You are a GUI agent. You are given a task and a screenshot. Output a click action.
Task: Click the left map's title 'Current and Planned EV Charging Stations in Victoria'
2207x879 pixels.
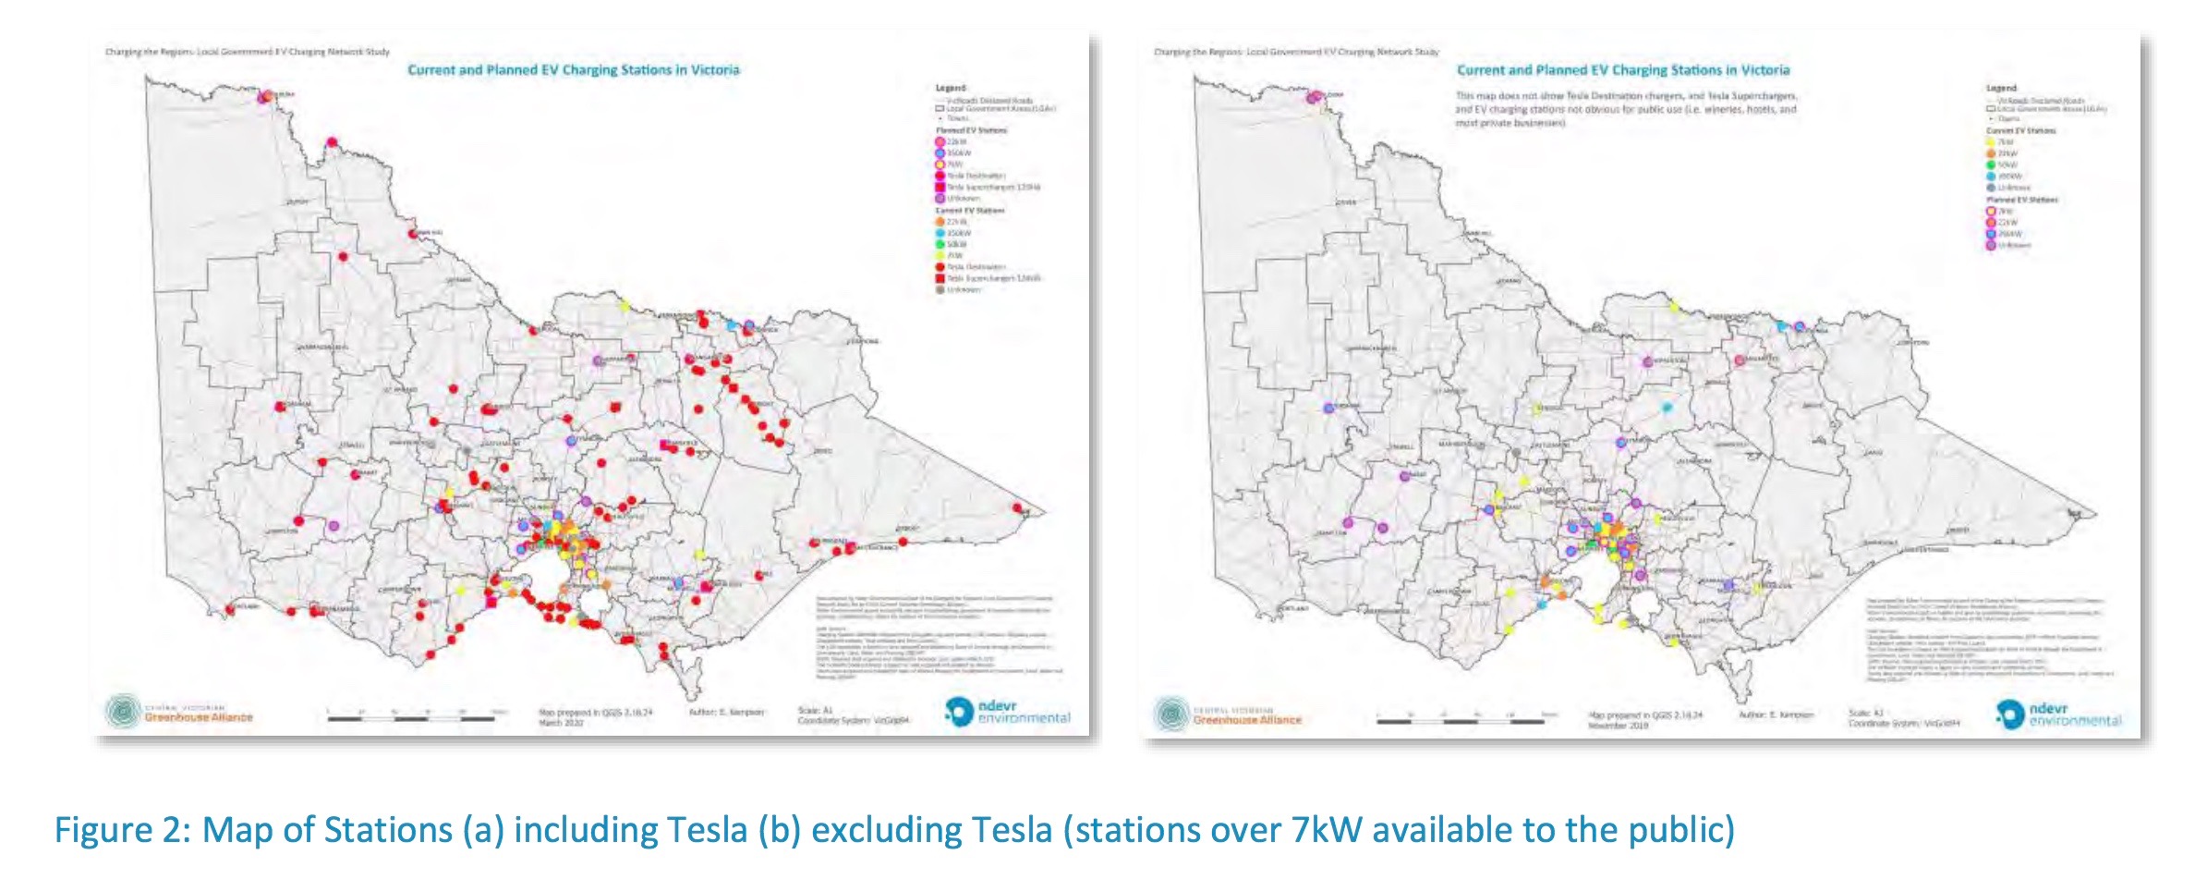[574, 70]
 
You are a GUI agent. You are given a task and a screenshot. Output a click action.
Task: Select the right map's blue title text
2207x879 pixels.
[1623, 70]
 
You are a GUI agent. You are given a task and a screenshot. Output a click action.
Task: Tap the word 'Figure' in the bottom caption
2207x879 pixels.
[116, 830]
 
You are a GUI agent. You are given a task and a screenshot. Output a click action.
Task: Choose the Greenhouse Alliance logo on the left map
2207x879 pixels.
[179, 712]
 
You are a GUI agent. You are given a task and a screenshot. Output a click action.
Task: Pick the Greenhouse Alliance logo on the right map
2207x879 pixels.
[1228, 714]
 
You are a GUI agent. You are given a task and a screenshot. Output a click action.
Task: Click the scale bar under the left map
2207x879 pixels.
[416, 716]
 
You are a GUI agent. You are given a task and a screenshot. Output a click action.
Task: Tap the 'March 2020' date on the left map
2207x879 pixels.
[561, 723]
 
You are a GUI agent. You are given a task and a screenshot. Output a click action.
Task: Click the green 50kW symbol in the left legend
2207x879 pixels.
[940, 245]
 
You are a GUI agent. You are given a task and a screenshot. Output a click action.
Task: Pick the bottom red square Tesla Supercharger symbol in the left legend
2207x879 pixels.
[940, 278]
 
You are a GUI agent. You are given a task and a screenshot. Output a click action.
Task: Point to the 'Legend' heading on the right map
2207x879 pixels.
[2001, 89]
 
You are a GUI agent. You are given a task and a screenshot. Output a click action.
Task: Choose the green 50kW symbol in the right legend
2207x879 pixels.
[1991, 165]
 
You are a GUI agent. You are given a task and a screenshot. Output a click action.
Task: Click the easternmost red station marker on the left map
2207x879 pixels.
[1018, 507]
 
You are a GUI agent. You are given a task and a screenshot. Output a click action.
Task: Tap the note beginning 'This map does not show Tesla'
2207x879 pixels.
[1626, 109]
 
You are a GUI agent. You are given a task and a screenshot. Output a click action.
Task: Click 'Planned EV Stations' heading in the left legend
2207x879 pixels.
[971, 130]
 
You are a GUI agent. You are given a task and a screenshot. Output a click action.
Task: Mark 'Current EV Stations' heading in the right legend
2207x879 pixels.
[2020, 130]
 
